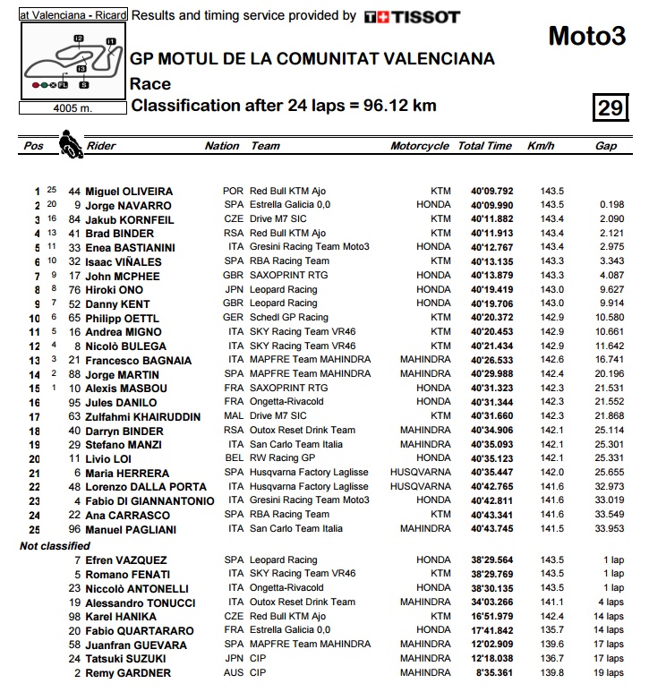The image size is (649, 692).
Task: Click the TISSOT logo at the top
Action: (x=413, y=16)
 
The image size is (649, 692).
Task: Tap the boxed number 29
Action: (x=610, y=108)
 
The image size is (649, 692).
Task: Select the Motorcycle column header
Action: (x=419, y=146)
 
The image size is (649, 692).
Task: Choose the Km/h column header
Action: (x=542, y=146)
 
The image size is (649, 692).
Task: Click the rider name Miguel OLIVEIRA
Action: (x=129, y=192)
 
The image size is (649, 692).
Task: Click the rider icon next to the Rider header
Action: (x=69, y=144)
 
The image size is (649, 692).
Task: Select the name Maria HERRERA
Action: (x=127, y=473)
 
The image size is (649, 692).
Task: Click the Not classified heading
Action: (x=55, y=546)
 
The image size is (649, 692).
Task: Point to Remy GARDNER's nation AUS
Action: (x=233, y=673)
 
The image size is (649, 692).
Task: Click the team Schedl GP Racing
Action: (x=289, y=318)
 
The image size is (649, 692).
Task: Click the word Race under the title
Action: (x=149, y=84)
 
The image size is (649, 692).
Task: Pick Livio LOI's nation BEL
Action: (x=233, y=458)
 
